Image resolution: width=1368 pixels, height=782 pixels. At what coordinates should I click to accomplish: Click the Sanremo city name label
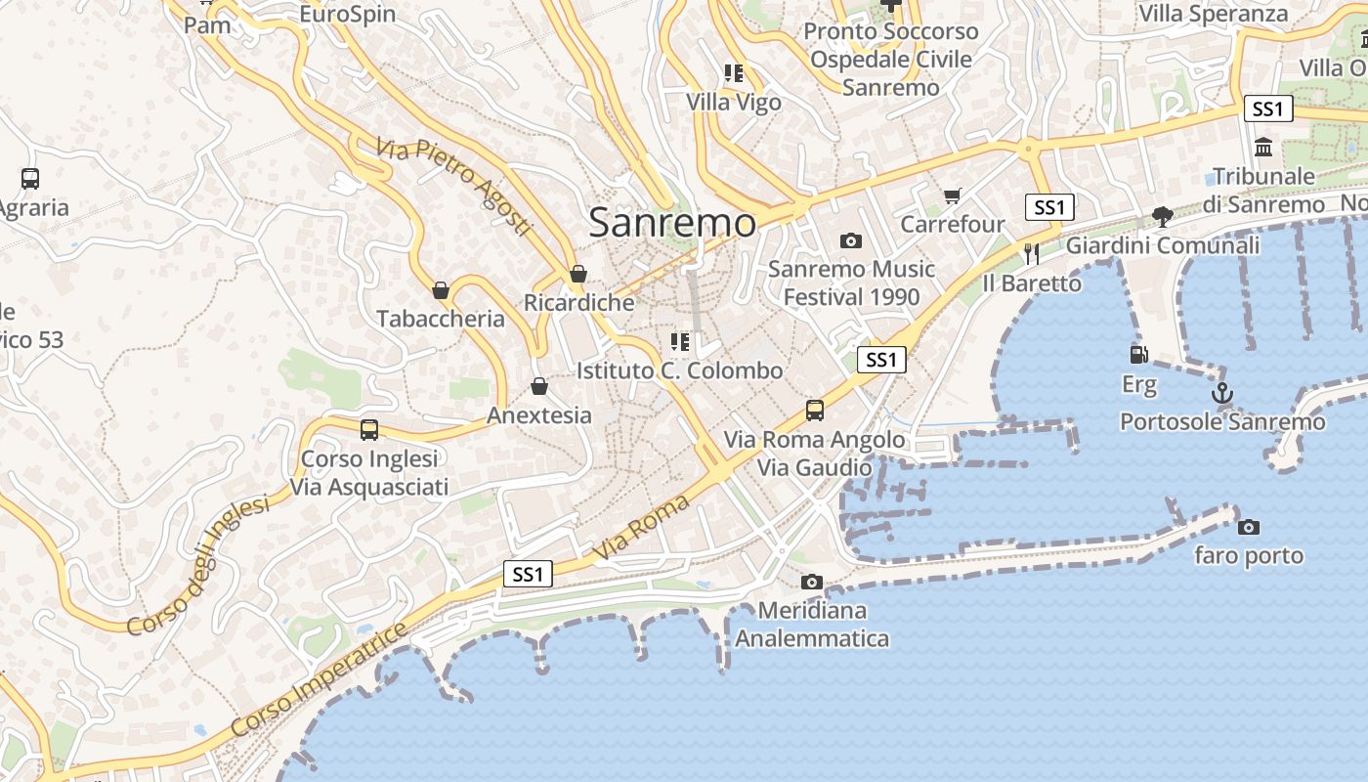[672, 223]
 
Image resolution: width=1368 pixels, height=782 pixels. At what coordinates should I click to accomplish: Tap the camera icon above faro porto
[1248, 527]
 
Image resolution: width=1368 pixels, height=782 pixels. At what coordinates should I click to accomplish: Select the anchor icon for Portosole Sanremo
[1221, 393]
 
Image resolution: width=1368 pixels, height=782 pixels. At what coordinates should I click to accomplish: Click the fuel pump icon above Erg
[1138, 354]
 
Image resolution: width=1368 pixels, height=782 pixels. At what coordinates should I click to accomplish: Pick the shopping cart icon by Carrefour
[952, 195]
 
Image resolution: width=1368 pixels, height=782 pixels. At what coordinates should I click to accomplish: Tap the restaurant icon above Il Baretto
[1032, 253]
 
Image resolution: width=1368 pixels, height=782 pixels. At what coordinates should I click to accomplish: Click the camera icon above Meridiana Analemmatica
[811, 582]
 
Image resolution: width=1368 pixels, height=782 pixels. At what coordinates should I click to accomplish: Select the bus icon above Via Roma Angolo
[814, 410]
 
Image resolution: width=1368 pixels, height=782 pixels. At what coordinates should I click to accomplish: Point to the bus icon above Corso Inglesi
[368, 429]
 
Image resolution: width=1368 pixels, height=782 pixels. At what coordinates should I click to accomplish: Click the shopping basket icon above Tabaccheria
[441, 289]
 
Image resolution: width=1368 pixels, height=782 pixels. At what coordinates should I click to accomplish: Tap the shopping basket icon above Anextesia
[538, 386]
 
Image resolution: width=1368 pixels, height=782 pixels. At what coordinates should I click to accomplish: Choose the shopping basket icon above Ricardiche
[578, 274]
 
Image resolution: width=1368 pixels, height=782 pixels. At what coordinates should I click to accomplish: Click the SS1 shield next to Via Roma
[528, 574]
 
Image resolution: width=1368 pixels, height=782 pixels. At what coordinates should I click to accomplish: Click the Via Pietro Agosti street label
[455, 187]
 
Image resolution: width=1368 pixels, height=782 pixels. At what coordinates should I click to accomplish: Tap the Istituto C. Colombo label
[679, 370]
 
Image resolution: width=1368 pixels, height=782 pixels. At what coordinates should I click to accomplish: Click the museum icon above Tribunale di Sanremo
[1263, 147]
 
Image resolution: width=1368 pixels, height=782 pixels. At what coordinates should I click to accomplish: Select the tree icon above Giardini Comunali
[1162, 216]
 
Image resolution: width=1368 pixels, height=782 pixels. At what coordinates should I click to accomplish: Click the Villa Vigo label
[733, 102]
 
